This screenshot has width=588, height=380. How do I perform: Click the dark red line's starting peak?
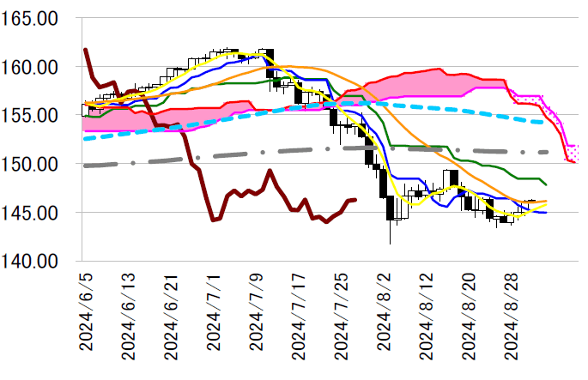(x=86, y=50)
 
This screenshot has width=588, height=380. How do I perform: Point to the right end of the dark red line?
(x=355, y=200)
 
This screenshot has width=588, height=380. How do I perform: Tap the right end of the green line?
(x=546, y=184)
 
